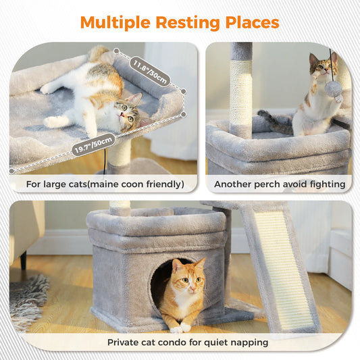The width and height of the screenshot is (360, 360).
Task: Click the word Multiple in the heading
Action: (115, 22)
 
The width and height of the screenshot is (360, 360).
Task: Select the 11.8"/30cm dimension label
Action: (150, 68)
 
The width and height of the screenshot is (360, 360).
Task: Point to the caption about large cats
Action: (105, 184)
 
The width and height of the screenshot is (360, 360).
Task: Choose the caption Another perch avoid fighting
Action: (279, 184)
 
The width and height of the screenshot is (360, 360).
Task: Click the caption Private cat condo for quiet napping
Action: (188, 342)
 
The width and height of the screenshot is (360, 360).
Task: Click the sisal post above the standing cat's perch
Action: (240, 95)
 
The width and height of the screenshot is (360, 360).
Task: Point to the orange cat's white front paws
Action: (180, 328)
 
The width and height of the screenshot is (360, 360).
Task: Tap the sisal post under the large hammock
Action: (119, 154)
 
